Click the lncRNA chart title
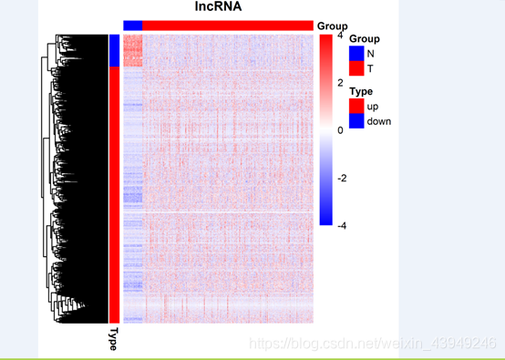218,6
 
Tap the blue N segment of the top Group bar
133,26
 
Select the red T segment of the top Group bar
228,26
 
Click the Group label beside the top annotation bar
333,26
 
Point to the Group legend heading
365,39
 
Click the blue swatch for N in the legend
356,53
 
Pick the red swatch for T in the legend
356,68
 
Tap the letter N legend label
371,54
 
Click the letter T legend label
370,68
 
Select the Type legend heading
361,91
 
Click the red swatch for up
356,106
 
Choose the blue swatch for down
356,120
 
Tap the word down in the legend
379,121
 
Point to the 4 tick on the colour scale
340,36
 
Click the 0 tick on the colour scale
340,130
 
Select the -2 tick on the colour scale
342,178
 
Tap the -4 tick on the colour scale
342,226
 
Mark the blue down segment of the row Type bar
114,50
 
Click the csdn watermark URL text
373,344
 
